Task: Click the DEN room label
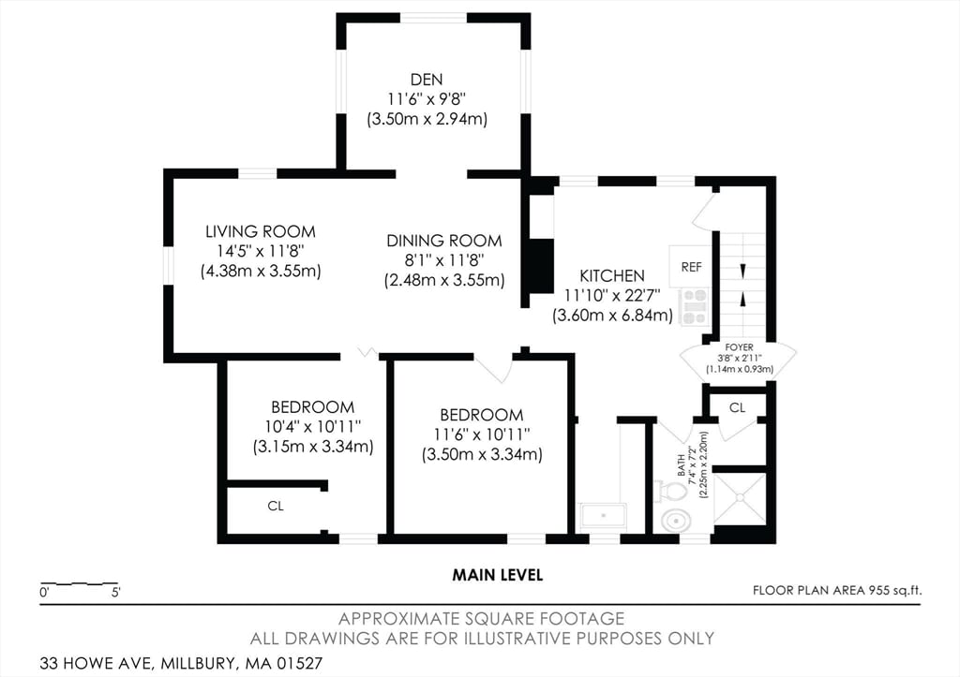point(427,80)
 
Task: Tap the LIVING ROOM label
point(261,232)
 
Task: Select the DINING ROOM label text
point(443,241)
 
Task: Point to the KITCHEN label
point(612,276)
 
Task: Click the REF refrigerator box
point(691,266)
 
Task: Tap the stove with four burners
point(695,306)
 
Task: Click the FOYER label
point(739,347)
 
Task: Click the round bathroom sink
point(677,521)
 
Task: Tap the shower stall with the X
point(740,498)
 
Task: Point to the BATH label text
point(682,465)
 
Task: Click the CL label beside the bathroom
point(737,407)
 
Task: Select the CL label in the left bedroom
point(276,506)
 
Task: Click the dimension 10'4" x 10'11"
point(313,426)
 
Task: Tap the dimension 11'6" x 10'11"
point(482,434)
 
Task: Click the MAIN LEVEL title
point(498,575)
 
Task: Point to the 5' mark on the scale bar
point(115,592)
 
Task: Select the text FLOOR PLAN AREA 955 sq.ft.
point(837,590)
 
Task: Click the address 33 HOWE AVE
point(97,663)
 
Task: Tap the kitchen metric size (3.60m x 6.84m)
point(612,316)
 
